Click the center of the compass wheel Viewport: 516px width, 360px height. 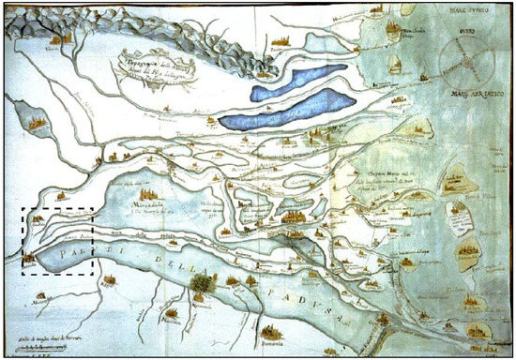coord(468,59)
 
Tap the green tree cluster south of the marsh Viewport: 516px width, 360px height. coord(198,279)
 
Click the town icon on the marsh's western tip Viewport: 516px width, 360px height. coord(31,255)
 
